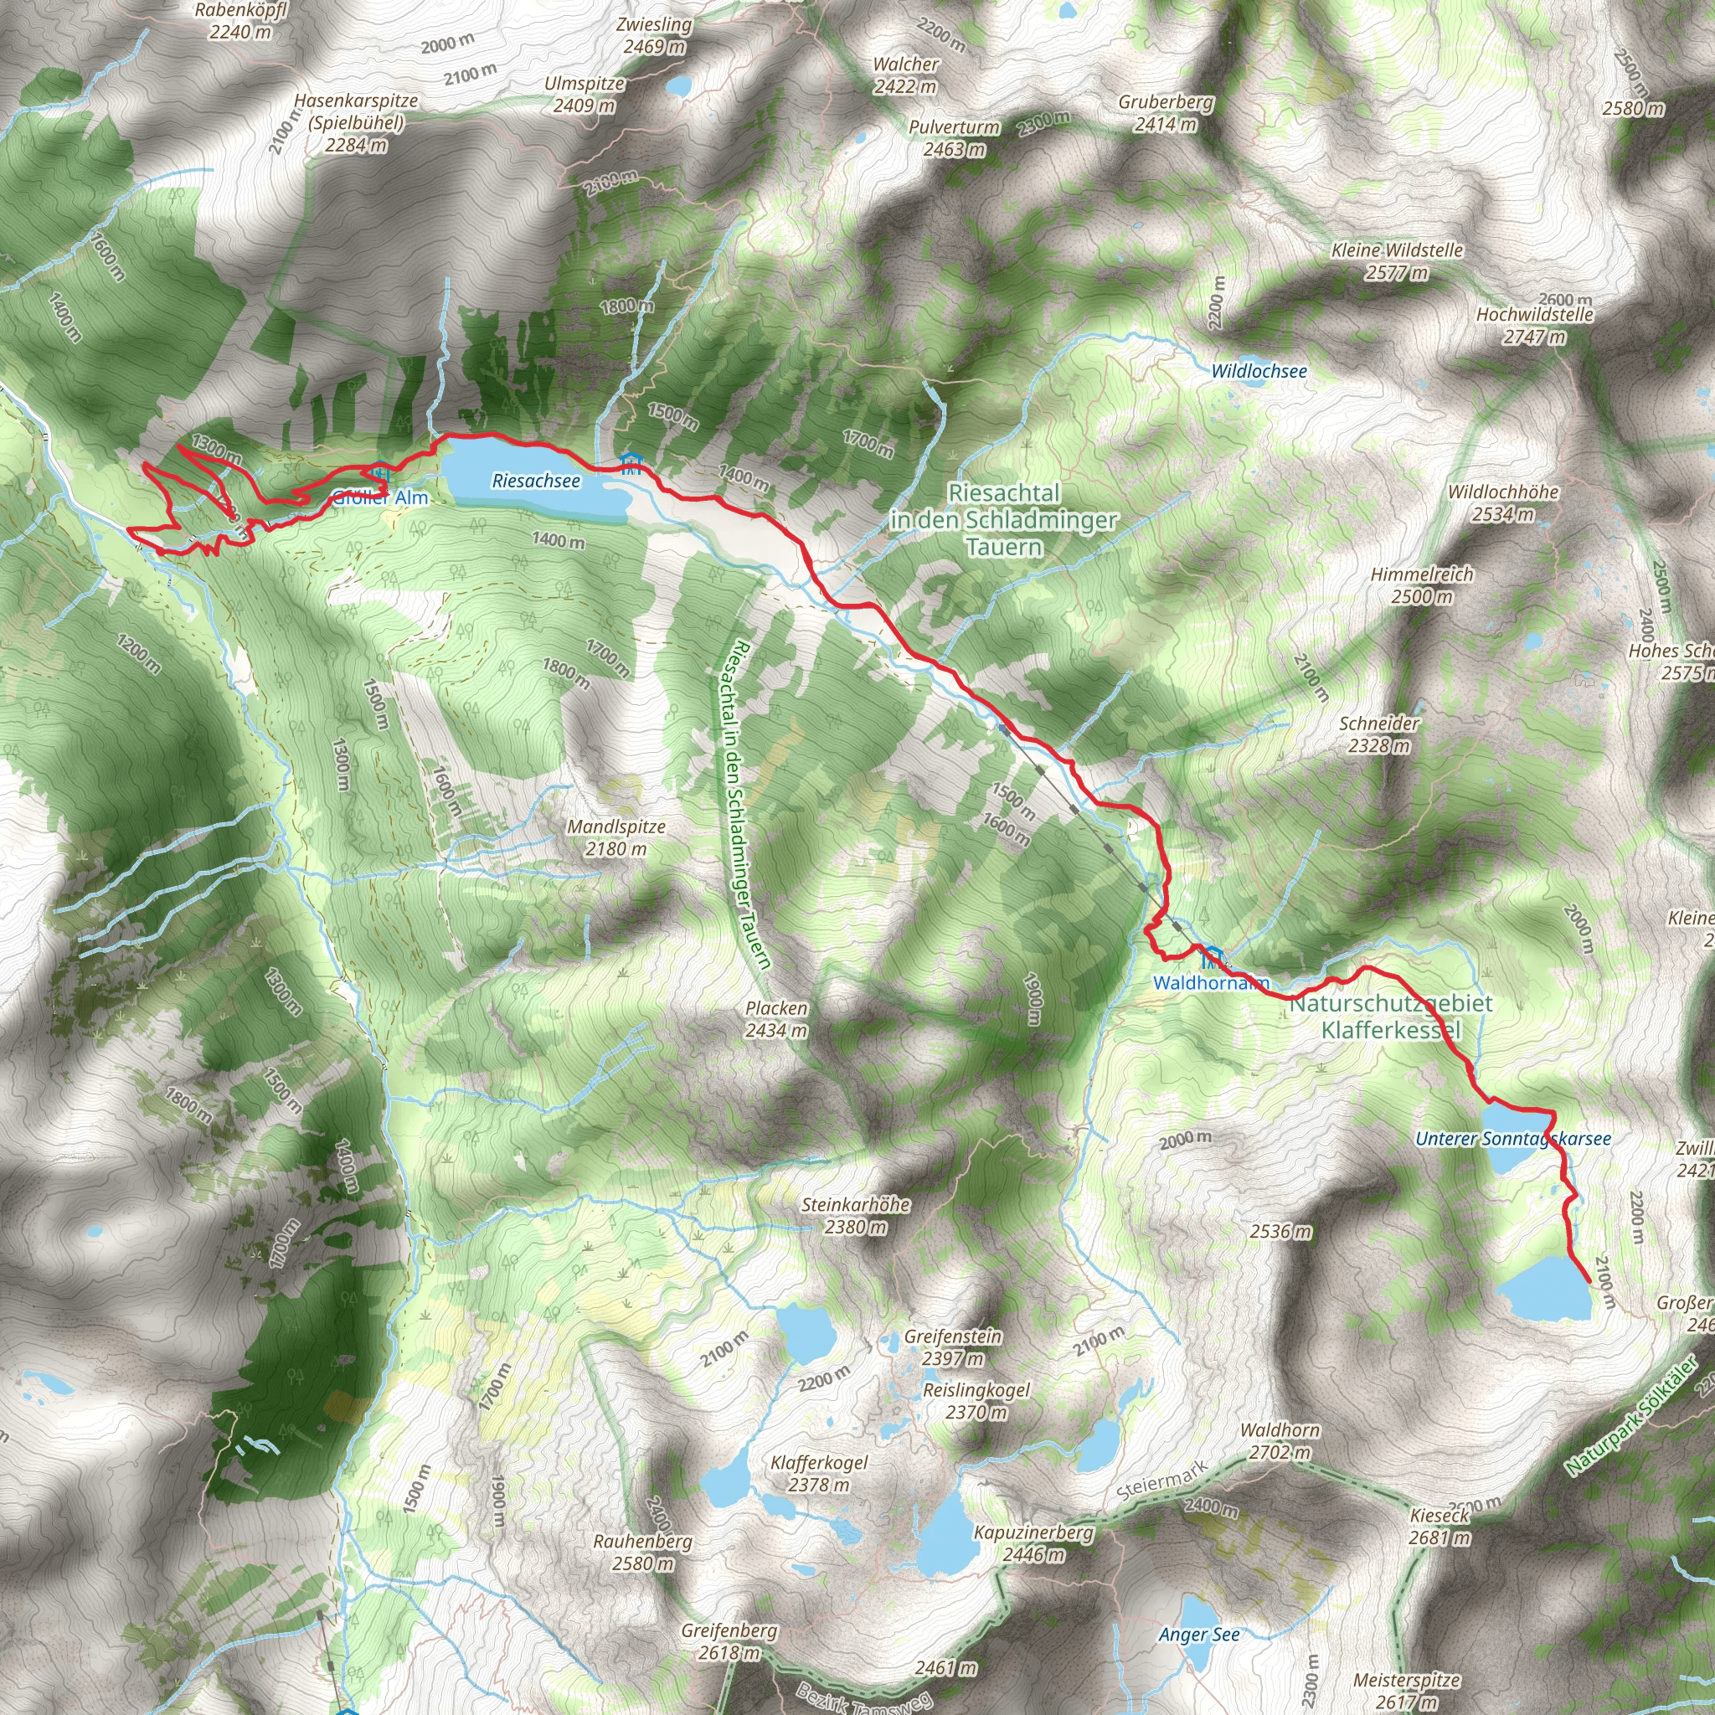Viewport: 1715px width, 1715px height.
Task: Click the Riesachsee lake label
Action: pos(536,482)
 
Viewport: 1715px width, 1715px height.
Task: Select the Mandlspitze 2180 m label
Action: pos(616,837)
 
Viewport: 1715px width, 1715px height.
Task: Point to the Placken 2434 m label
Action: pos(777,1019)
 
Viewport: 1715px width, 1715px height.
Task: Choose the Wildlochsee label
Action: pos(1259,371)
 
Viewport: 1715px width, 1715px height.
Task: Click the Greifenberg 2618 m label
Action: pos(729,1641)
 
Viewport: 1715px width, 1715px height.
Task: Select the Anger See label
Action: pos(1198,1635)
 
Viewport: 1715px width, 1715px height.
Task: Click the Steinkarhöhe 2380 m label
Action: pos(856,1215)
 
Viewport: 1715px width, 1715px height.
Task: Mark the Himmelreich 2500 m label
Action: pos(1421,585)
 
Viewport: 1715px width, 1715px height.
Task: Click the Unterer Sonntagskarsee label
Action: pos(1512,1139)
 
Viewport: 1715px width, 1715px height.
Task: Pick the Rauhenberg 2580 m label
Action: pos(642,1552)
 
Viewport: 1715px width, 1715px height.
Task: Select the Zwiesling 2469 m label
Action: pos(654,35)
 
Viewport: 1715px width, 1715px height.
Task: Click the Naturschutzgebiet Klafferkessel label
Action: pos(1391,1017)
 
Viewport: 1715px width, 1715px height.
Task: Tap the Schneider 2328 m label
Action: pos(1379,734)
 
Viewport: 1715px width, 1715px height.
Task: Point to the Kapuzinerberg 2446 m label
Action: pos(1033,1542)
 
